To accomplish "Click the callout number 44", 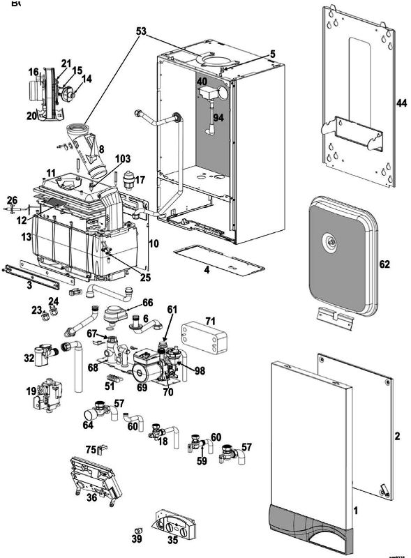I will [x=401, y=102].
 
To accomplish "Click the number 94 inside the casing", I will [x=219, y=118].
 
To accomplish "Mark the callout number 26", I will [x=12, y=200].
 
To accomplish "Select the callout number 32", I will [x=28, y=358].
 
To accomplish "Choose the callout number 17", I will [x=140, y=180].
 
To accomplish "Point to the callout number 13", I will [x=25, y=237].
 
